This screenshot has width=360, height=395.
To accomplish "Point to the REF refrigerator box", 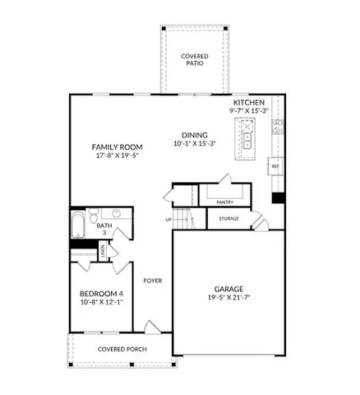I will point(275,166).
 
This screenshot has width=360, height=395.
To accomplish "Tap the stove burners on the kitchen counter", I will point(279,128).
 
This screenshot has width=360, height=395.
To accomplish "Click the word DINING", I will point(190,134).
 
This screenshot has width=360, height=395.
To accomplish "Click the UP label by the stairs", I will point(169,220).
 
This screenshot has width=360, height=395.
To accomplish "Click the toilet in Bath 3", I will point(117,215).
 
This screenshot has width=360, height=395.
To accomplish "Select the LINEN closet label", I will point(103,253).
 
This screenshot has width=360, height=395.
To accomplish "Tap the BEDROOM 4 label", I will point(100,295).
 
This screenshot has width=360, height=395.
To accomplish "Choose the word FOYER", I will point(153,281).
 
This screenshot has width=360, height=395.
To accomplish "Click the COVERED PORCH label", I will point(123,349).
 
